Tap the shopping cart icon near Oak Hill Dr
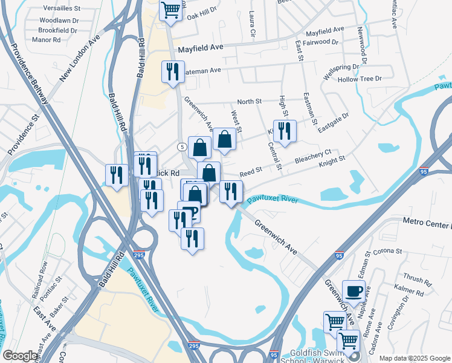tap(171, 10)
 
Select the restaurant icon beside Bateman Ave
tap(173, 73)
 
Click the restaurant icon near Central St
tap(285, 131)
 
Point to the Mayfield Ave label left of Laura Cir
tap(200, 47)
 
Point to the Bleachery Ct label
tap(313, 159)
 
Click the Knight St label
tap(332, 161)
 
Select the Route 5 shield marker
tap(181, 147)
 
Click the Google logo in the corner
tap(21, 356)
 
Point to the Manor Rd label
tap(49, 40)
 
